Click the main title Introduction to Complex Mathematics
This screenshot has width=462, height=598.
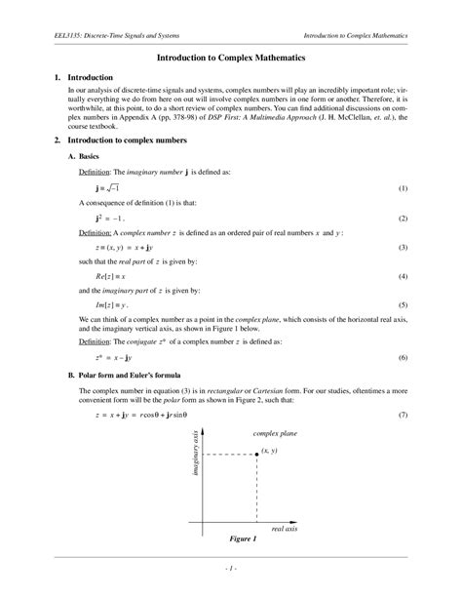coord(231,59)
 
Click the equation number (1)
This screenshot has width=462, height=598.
coord(403,187)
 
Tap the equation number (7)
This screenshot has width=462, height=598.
coord(403,416)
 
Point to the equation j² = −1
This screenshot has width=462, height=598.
coord(108,218)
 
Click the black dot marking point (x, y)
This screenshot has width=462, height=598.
coord(256,453)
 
